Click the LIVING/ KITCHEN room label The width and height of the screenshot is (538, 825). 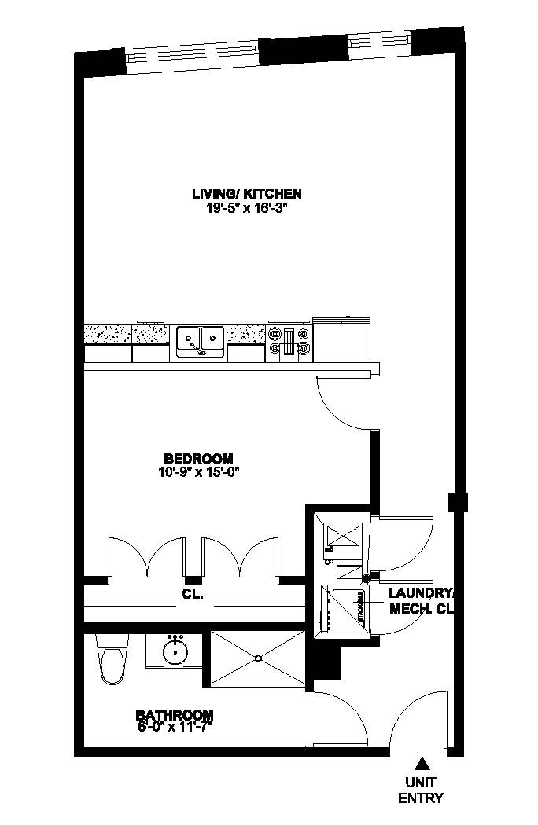pos(247,193)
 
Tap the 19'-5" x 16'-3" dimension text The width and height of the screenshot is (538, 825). pos(247,208)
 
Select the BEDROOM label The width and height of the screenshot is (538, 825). pos(198,459)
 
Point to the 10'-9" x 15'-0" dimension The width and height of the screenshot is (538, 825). pos(198,472)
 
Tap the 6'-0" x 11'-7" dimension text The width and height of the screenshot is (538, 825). pos(175,726)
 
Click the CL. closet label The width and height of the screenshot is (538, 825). pos(193,595)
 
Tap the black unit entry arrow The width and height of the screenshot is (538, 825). pos(422,762)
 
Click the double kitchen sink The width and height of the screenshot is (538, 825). pos(200,340)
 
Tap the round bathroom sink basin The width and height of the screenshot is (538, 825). pos(174,651)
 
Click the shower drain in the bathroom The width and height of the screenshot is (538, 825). pos(257,657)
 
